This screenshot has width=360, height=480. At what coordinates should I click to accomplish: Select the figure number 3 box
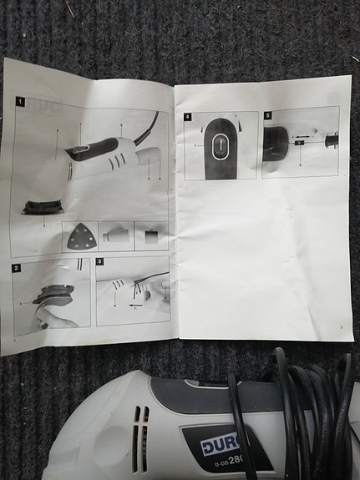click(x=100, y=261)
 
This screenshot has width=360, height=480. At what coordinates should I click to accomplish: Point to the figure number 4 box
click(x=189, y=117)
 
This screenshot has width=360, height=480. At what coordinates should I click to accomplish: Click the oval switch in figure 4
click(x=220, y=147)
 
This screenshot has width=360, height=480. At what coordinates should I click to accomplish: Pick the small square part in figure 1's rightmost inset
click(x=151, y=235)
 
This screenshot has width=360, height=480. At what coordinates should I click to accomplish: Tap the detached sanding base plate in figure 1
click(x=42, y=206)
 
